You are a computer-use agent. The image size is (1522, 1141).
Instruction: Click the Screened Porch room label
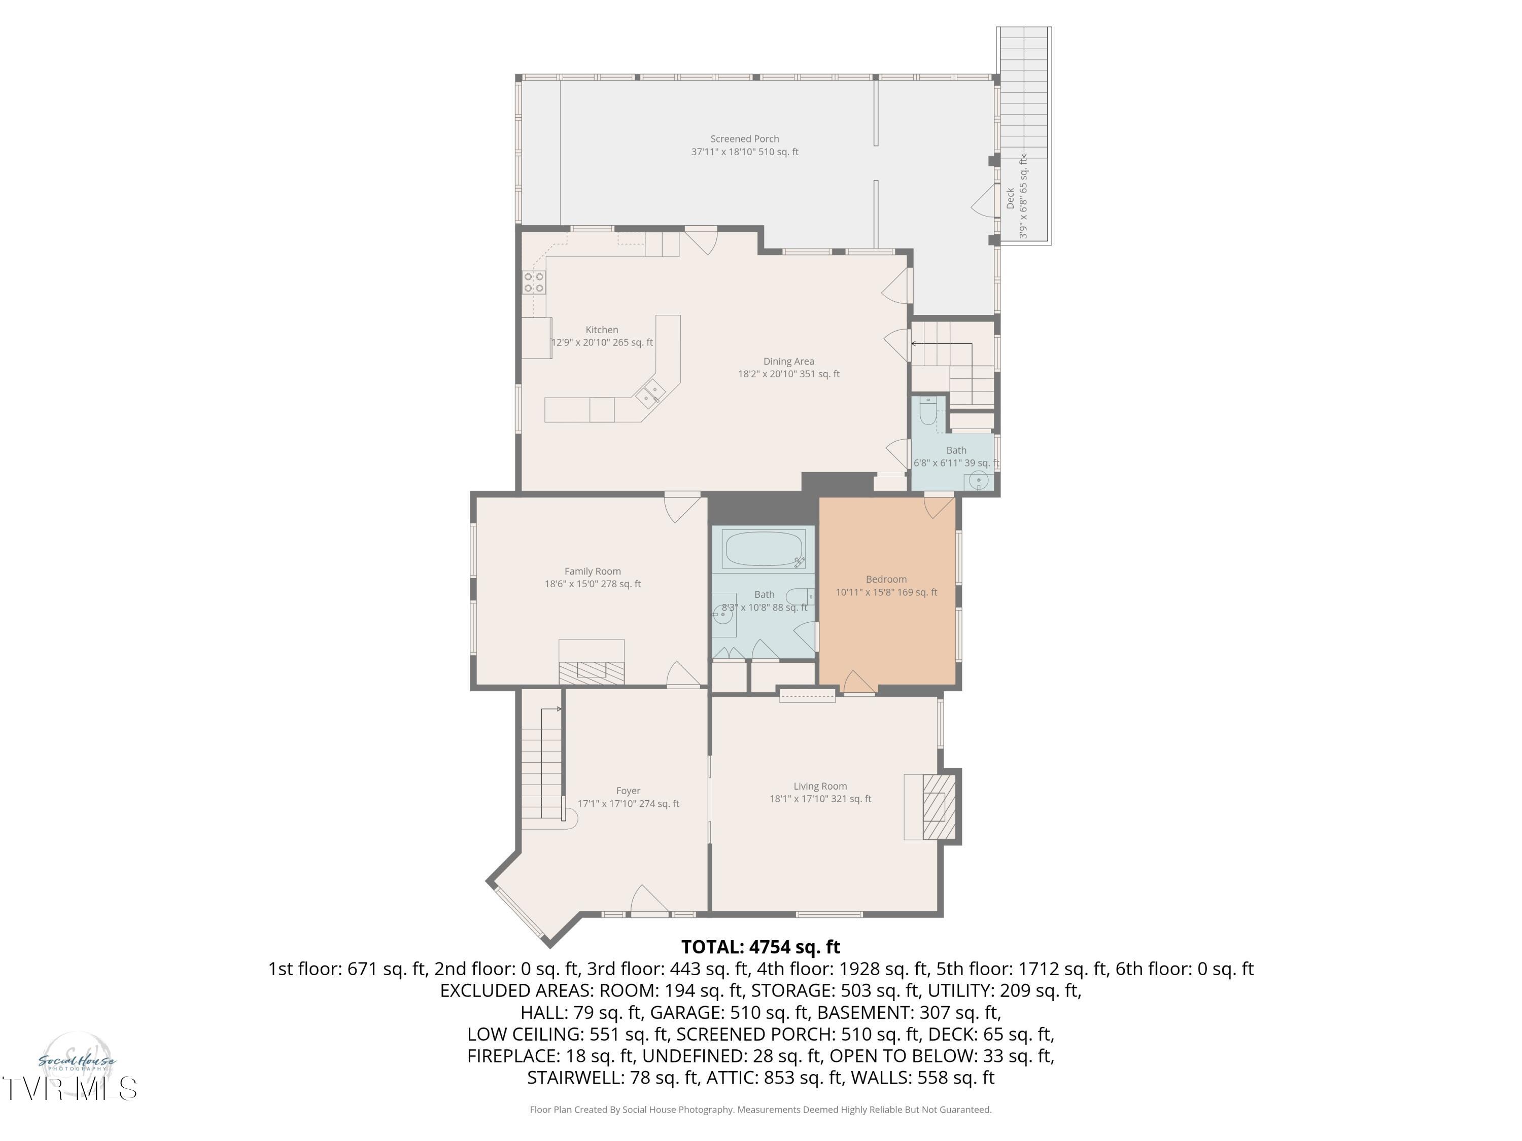pyautogui.click(x=744, y=139)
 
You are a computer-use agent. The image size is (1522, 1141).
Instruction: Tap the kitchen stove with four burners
pyautogui.click(x=534, y=282)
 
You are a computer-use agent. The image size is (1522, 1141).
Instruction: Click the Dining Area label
pyautogui.click(x=788, y=361)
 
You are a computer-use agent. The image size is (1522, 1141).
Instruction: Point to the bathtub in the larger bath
pyautogui.click(x=764, y=549)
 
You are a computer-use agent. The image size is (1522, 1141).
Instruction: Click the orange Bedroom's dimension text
pyautogui.click(x=886, y=592)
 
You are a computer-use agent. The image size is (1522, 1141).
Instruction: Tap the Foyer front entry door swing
pyautogui.click(x=648, y=901)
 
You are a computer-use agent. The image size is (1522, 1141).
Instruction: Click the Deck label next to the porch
pyautogui.click(x=1010, y=198)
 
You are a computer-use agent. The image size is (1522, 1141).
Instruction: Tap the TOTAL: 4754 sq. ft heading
pyautogui.click(x=760, y=947)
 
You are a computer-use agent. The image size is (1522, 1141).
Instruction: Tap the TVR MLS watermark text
pyautogui.click(x=69, y=1089)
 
